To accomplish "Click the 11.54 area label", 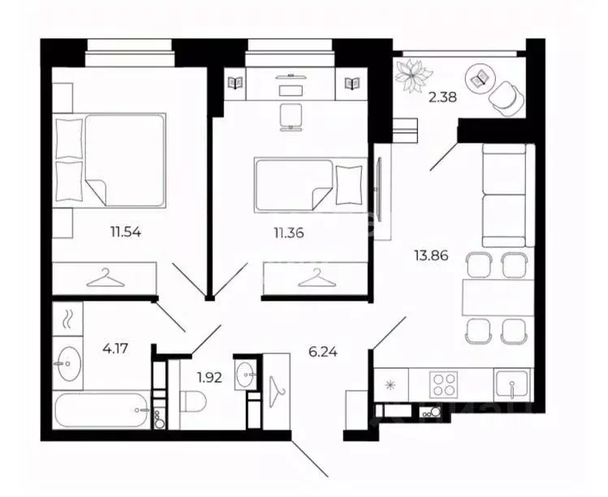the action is [x=126, y=233].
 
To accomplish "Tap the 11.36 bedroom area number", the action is [x=289, y=234].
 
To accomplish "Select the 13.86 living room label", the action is [x=431, y=255].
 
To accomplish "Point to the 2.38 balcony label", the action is [x=442, y=96].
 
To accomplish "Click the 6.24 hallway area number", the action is [x=322, y=352].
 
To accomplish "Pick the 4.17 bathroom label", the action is [x=115, y=349].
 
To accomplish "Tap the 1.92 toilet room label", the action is [x=209, y=377].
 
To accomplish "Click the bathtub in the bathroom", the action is [x=102, y=409].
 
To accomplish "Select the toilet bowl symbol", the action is [x=195, y=401].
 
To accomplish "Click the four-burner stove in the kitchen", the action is [x=443, y=384].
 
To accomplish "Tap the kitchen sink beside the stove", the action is [x=512, y=383].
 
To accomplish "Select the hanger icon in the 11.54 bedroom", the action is [x=106, y=278].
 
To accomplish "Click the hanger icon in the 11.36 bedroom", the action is [x=317, y=278].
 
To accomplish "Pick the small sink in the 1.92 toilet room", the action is [x=245, y=375].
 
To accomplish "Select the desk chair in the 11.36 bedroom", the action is [x=291, y=117].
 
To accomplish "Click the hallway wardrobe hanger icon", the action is [x=276, y=392].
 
